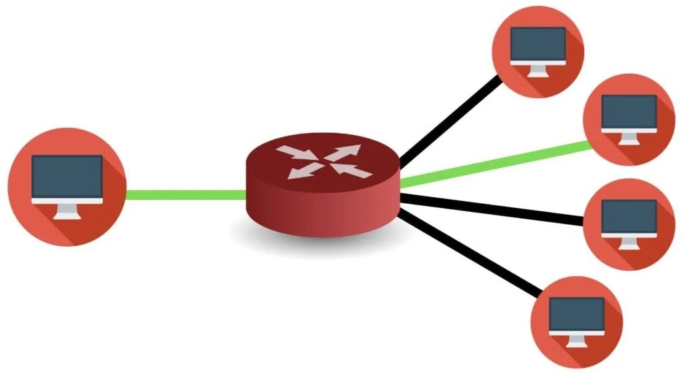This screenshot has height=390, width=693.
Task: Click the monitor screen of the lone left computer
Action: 68,176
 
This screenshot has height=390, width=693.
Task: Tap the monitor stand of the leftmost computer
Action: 68,211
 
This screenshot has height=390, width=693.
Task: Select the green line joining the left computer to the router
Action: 186,195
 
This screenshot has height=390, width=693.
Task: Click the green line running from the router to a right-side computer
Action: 494,163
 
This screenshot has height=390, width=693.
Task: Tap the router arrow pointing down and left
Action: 302,171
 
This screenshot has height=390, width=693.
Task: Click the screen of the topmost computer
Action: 537,43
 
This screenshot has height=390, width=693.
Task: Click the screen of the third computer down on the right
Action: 629,215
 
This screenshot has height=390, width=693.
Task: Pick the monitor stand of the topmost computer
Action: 537,69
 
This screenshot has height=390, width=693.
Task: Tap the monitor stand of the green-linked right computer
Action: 629,137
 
